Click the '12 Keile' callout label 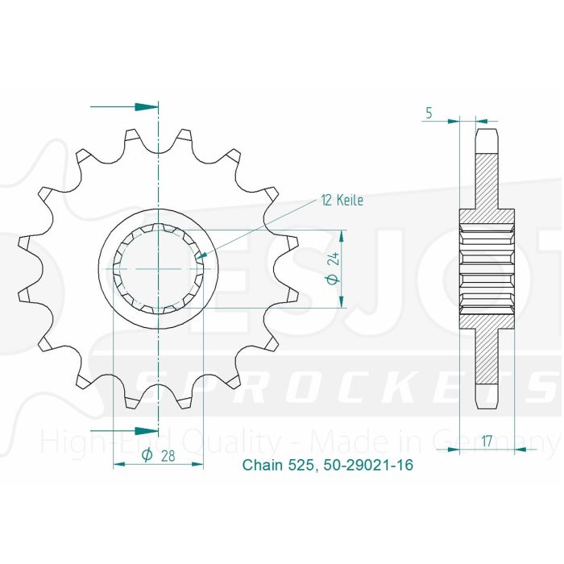(341, 200)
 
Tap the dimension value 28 (168, 455)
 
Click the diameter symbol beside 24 (332, 280)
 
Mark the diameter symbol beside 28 (147, 456)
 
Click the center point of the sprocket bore (159, 268)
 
